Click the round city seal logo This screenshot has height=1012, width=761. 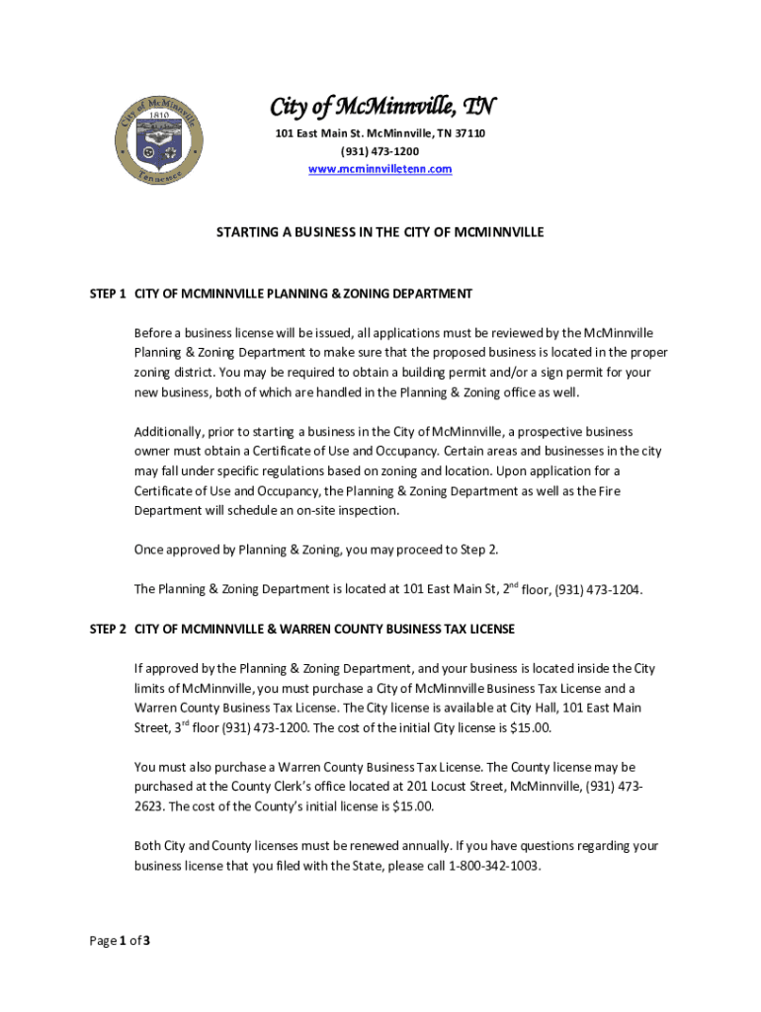click(157, 140)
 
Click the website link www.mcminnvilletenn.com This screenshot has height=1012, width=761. click(380, 169)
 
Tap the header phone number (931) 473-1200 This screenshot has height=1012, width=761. click(380, 151)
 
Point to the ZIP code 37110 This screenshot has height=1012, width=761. click(469, 133)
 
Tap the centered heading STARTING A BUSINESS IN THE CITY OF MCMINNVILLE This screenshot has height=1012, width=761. click(380, 232)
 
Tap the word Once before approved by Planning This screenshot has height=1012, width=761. click(149, 549)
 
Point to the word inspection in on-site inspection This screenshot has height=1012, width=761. click(368, 511)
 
